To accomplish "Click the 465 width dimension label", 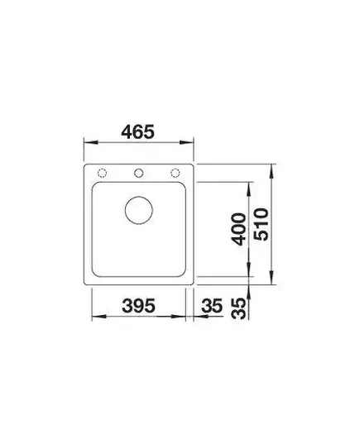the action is click(x=137, y=131).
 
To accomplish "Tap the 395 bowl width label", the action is click(x=138, y=306).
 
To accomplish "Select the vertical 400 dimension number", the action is click(x=238, y=229).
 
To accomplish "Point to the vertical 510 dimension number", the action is click(x=261, y=224).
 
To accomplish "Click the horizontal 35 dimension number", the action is click(x=212, y=306).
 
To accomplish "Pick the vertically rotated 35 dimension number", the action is click(x=238, y=308).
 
